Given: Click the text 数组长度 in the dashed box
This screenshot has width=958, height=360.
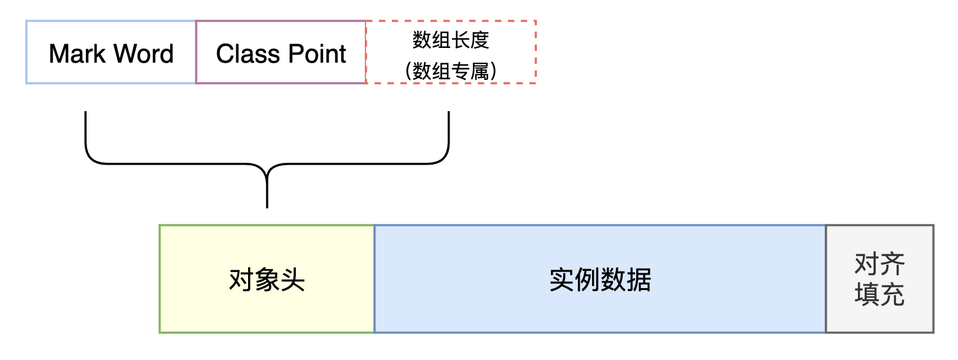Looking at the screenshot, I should [451, 41].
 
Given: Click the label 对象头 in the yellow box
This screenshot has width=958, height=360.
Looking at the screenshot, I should [267, 280].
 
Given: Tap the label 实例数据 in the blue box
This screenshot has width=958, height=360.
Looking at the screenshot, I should [600, 280].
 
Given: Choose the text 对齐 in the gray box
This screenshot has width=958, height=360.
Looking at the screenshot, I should [879, 265].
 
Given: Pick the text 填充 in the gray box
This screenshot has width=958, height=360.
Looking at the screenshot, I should [879, 295].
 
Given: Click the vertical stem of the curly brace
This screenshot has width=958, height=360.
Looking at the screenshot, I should [267, 190].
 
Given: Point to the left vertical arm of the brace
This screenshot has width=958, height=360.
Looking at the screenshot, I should [85, 132].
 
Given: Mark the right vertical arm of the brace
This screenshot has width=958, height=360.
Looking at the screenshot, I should [449, 132].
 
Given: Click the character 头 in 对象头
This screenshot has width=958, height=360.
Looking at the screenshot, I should [292, 280].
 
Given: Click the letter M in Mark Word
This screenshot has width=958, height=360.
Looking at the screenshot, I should [60, 54].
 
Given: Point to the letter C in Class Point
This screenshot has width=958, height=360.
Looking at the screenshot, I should [225, 54].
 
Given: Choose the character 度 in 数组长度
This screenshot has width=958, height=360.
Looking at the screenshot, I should [480, 41].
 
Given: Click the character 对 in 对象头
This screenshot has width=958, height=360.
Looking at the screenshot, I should [241, 280].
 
